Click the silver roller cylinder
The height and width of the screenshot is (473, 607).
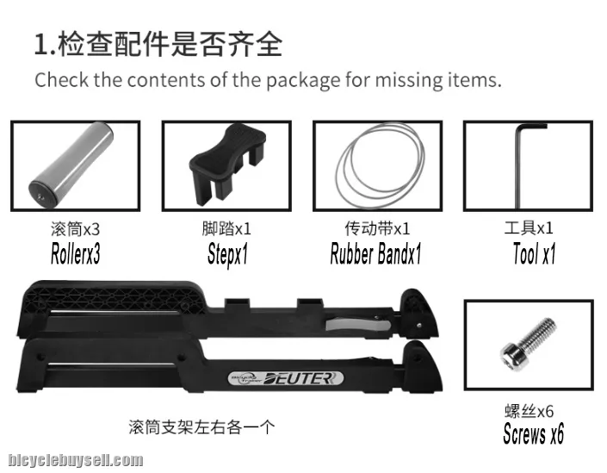coord(71,164)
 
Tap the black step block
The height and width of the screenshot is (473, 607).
coord(226,164)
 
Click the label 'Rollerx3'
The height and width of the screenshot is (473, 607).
coord(76,254)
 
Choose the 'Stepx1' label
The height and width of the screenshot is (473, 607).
coord(227,254)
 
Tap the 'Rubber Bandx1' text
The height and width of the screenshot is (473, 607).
coord(375,254)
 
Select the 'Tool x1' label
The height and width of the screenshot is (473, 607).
coord(534,254)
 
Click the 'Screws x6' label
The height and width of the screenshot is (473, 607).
coord(533,433)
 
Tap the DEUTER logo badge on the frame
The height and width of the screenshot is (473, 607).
coord(285,378)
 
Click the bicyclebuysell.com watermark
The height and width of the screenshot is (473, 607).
coord(76,460)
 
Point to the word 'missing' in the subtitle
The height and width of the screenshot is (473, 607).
coord(409,80)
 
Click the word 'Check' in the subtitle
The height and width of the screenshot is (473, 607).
coord(61,80)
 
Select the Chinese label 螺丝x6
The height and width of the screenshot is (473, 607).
coord(529,411)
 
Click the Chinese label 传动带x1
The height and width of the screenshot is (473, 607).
coord(377,228)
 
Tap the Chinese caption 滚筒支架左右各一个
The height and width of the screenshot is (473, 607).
coord(201,427)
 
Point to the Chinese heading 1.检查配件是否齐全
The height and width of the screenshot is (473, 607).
coord(158,45)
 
